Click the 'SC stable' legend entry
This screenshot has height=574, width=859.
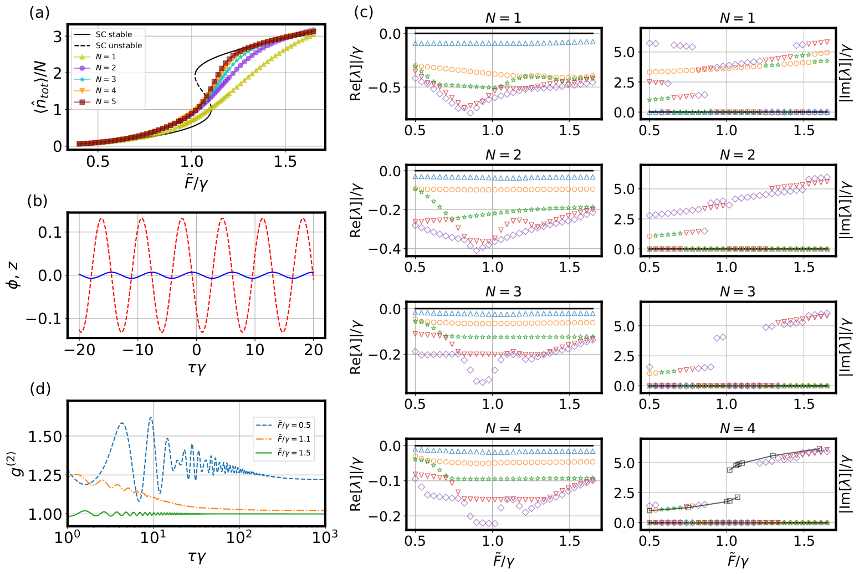click(x=114, y=34)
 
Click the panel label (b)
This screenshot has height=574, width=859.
click(x=38, y=201)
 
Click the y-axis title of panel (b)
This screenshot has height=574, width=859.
click(x=15, y=275)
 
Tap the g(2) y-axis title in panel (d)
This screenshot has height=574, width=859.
click(x=17, y=463)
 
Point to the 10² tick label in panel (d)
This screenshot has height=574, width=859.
click(x=239, y=537)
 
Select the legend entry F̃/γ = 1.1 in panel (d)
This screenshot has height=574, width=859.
click(x=294, y=439)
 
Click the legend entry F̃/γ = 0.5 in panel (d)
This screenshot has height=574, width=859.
click(x=294, y=425)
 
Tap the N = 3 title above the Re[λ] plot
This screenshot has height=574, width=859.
click(x=503, y=292)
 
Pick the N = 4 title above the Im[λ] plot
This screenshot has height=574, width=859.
click(x=737, y=429)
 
